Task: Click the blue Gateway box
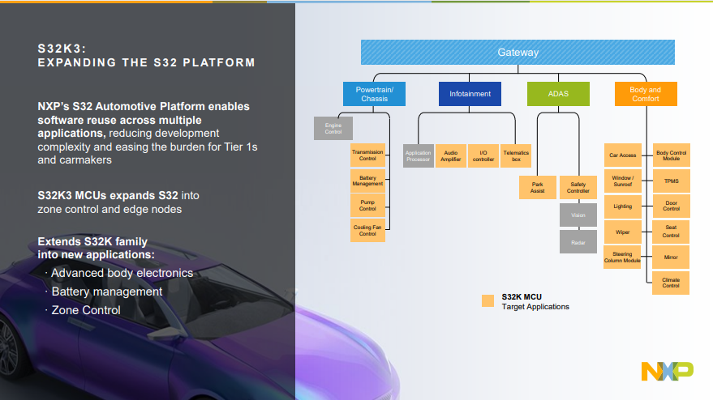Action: [518, 53]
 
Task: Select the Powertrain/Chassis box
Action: [374, 94]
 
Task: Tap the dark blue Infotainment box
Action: [470, 94]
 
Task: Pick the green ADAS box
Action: [558, 94]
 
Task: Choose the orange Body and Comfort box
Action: [645, 94]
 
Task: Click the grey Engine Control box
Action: [333, 128]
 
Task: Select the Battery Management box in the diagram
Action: [367, 181]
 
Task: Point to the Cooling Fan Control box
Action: [367, 230]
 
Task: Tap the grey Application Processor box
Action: [418, 156]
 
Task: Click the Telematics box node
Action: [516, 156]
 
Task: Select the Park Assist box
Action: [537, 187]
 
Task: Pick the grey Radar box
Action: [578, 241]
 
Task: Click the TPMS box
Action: [671, 181]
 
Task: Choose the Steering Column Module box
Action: [623, 257]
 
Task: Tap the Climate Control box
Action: [671, 282]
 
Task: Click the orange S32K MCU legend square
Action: [488, 300]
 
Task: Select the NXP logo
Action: [667, 370]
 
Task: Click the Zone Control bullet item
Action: [85, 310]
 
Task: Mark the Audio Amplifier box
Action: [451, 156]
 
